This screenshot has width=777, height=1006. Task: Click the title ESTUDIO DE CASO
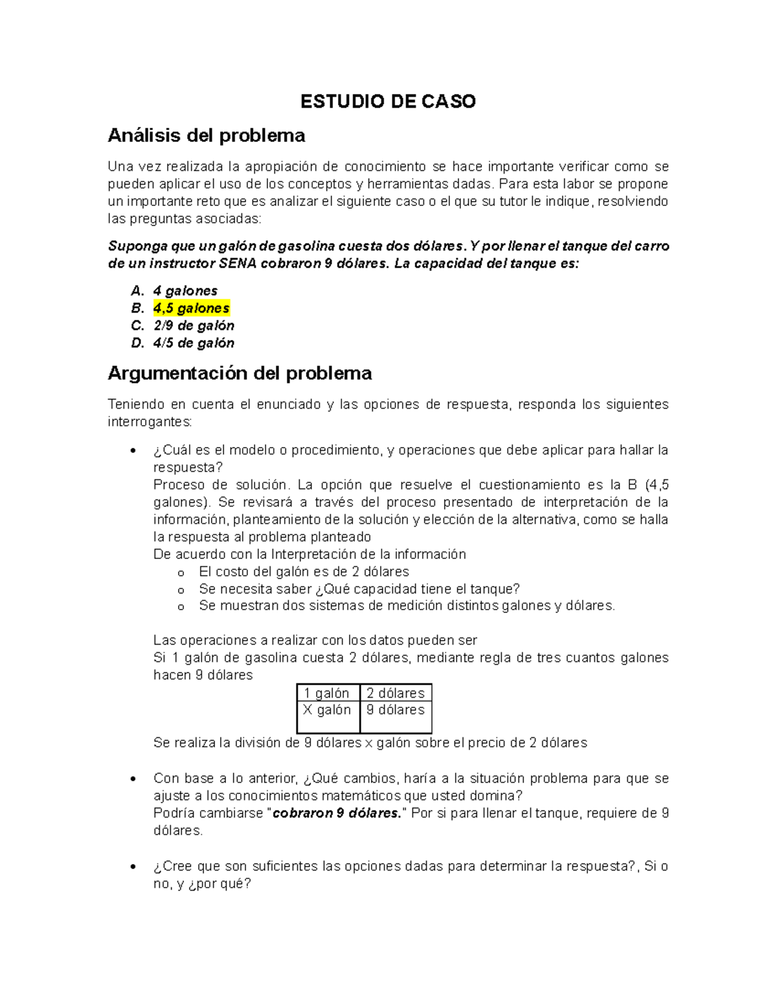tap(388, 102)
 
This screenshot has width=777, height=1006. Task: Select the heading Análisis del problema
tap(206, 135)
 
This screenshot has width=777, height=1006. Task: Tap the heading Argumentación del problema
tap(240, 373)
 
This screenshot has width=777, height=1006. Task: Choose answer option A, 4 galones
tap(185, 291)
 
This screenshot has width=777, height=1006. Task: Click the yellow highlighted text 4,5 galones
tap(191, 308)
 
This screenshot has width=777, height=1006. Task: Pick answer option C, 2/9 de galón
tap(193, 326)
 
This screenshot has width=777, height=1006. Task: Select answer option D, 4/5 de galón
tap(193, 343)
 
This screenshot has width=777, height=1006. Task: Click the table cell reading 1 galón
tap(327, 693)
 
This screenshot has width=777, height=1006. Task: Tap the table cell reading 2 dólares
tap(396, 693)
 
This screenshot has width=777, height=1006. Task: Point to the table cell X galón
tap(327, 710)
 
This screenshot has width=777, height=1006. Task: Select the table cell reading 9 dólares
tap(396, 710)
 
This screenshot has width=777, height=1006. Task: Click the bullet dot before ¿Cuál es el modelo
tap(133, 451)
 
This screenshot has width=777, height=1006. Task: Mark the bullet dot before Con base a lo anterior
tap(133, 779)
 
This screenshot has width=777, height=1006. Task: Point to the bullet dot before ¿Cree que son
tap(133, 867)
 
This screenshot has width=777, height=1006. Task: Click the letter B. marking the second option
tap(137, 308)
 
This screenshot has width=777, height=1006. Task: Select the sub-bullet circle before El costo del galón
tap(181, 573)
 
